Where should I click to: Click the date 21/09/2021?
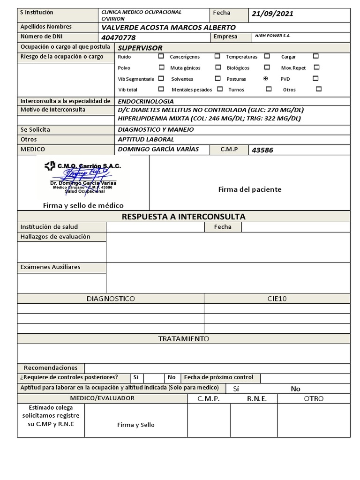point(272,14)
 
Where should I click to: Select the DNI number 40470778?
point(119,37)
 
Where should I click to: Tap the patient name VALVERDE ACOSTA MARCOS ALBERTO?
point(168,27)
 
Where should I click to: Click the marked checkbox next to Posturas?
point(266,79)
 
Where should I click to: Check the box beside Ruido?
point(161,56)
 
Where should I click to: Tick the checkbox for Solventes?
point(217,78)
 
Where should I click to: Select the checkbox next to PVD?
point(315,78)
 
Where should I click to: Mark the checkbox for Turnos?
point(269,89)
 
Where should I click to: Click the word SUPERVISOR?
point(140,48)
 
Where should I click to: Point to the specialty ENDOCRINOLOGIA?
point(146,101)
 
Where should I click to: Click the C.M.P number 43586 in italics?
point(262,150)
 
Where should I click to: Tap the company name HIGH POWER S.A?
point(272,36)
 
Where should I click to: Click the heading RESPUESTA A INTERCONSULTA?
point(183,217)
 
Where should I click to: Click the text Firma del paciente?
point(250,189)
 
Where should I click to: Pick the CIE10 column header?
point(277,299)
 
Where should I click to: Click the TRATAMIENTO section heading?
point(183,339)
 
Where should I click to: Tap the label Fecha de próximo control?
point(218,377)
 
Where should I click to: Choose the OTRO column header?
point(314,398)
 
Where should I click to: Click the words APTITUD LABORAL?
point(146,139)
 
